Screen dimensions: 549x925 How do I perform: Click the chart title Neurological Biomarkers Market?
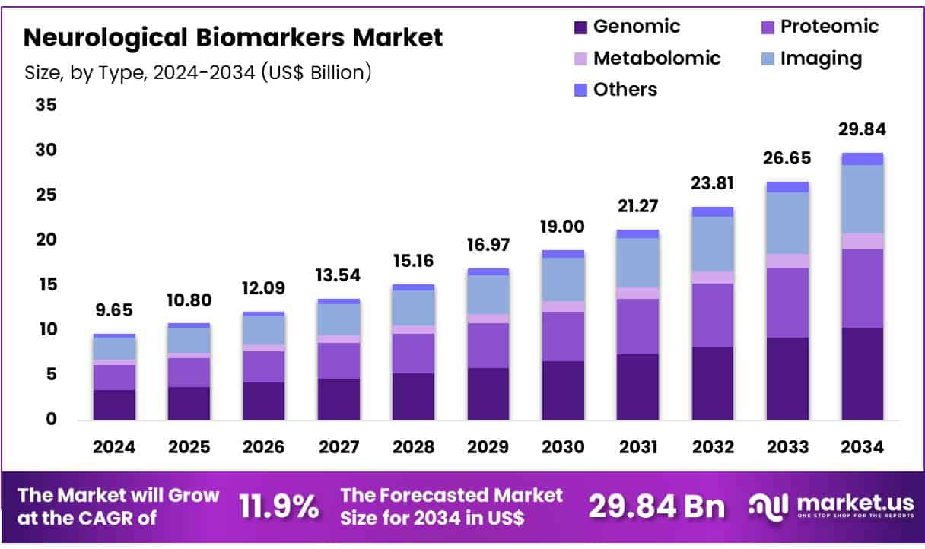tap(233, 36)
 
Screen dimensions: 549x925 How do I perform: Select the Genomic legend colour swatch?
tap(581, 27)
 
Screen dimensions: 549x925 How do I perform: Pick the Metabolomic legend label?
tap(656, 59)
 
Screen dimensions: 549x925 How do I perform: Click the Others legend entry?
tap(625, 90)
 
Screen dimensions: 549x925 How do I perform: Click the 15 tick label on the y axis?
tap(46, 285)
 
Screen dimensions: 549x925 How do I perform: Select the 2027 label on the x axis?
tap(339, 447)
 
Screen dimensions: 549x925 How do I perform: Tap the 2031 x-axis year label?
tap(638, 447)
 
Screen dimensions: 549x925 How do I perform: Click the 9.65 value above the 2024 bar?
tap(115, 312)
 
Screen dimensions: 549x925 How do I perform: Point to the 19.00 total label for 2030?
tap(563, 227)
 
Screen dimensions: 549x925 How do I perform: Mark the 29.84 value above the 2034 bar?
tap(862, 129)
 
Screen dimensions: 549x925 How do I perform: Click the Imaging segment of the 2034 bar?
tap(862, 199)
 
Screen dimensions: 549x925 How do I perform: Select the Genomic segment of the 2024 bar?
tap(115, 405)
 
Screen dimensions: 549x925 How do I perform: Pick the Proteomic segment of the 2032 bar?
tap(713, 315)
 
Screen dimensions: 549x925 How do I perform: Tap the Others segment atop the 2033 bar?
tap(787, 187)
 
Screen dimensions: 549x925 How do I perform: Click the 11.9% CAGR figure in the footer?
tap(279, 507)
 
